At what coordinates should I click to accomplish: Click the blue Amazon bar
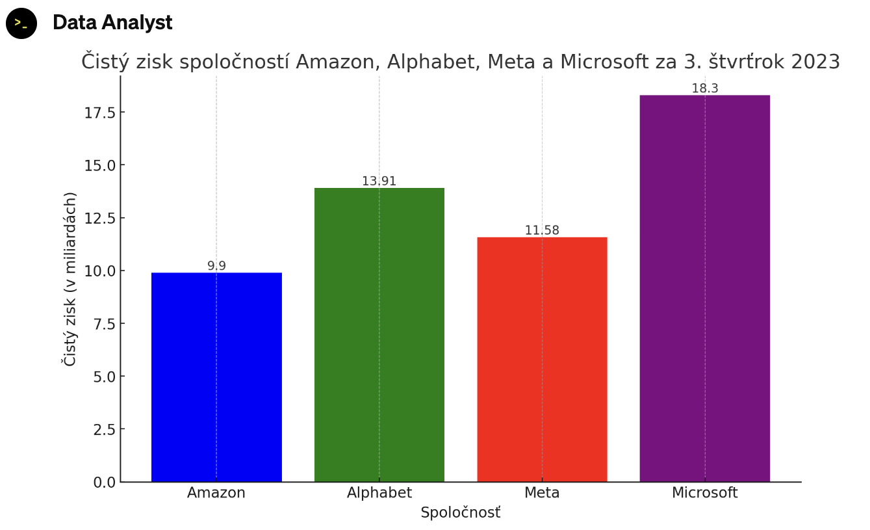point(216,377)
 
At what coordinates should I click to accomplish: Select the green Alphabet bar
point(379,335)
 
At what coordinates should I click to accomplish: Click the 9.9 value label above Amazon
point(216,266)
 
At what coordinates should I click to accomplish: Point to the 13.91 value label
point(379,181)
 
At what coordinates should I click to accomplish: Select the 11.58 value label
point(542,230)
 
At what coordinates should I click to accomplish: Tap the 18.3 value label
point(704,88)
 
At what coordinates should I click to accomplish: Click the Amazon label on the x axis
point(216,493)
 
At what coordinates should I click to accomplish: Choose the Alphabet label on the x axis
point(379,493)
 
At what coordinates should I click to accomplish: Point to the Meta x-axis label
point(542,493)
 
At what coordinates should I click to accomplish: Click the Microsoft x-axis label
point(704,493)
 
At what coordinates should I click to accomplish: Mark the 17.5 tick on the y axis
point(99,113)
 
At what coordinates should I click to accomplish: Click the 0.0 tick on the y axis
point(105,482)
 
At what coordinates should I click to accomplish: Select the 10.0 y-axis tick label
point(99,271)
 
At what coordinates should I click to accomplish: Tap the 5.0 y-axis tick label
point(105,377)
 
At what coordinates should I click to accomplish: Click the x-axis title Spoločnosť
point(460,512)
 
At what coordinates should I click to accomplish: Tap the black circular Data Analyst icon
point(21,23)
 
